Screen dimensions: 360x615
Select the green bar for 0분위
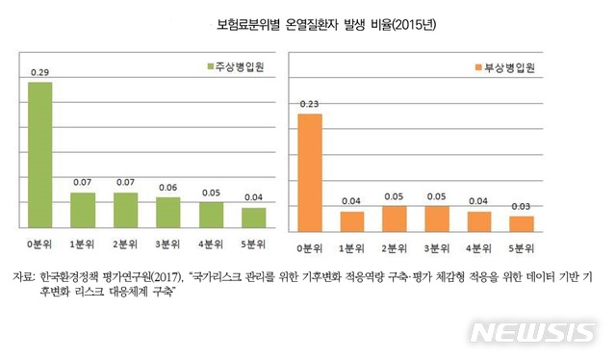pyautogui.click(x=40, y=155)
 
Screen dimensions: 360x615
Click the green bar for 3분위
pyautogui.click(x=168, y=212)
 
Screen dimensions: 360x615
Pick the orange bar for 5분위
pyautogui.click(x=522, y=222)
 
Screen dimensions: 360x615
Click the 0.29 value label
pyautogui.click(x=39, y=72)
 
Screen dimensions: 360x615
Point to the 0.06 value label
pyautogui.click(x=168, y=187)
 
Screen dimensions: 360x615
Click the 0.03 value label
pyautogui.click(x=522, y=207)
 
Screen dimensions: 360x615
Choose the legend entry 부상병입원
pyautogui.click(x=504, y=67)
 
